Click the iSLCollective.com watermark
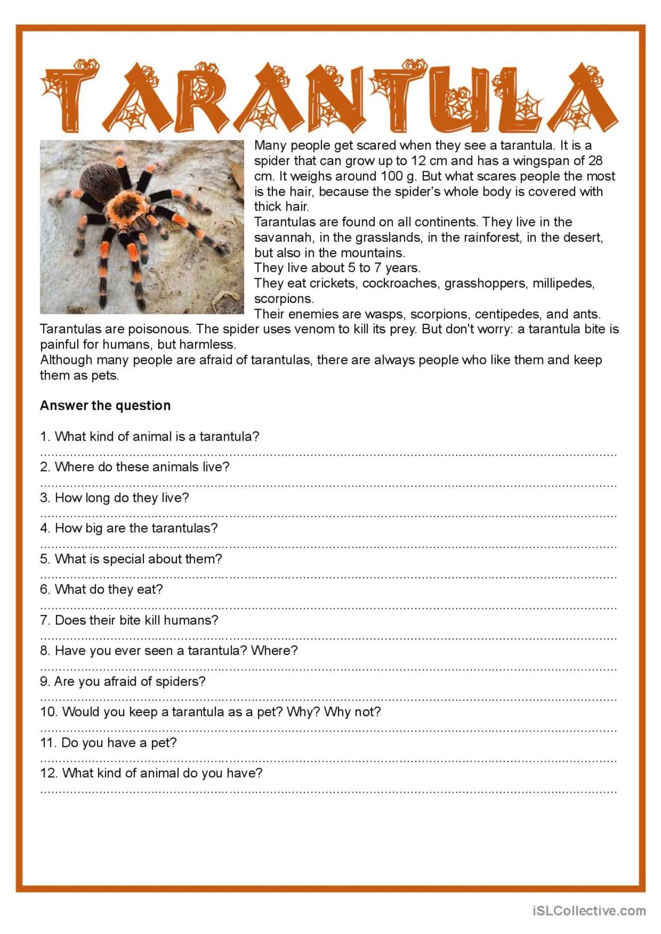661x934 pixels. pos(589,910)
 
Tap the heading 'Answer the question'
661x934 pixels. pos(105,406)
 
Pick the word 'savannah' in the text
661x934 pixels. pos(283,237)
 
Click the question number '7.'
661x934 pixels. pos(45,620)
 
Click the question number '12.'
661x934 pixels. pos(49,773)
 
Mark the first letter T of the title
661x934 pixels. pos(69,97)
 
